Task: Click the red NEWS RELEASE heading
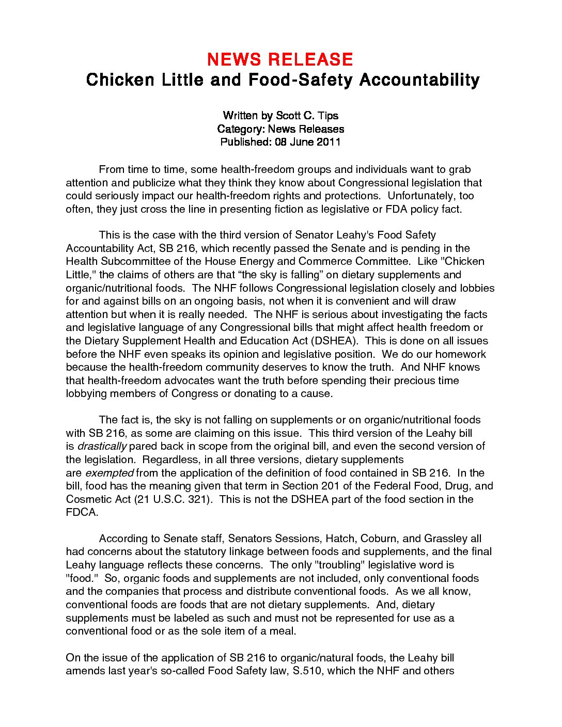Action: click(280, 59)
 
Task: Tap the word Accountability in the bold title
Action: click(419, 80)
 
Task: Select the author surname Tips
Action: click(329, 115)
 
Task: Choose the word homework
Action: click(460, 354)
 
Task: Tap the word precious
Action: click(415, 381)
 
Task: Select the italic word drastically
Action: click(102, 446)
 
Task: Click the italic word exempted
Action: click(109, 472)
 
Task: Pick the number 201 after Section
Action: click(330, 486)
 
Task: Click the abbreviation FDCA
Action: click(81, 512)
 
